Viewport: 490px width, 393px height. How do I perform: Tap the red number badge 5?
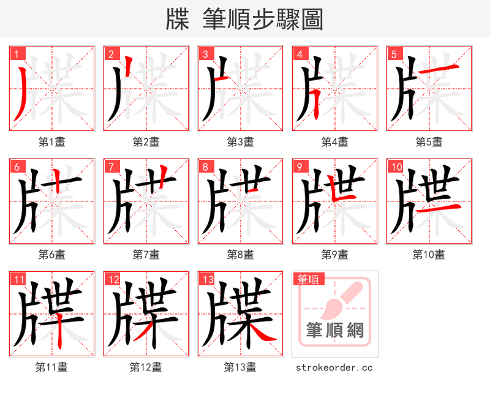click(x=393, y=53)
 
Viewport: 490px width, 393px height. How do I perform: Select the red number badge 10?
click(x=395, y=166)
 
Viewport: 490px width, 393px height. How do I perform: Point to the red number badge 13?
click(x=206, y=279)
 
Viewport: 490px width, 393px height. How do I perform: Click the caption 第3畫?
click(x=240, y=142)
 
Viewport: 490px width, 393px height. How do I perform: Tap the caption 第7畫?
click(x=146, y=255)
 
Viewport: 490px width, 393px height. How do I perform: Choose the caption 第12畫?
click(x=146, y=367)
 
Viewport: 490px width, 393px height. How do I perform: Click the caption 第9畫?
click(x=334, y=255)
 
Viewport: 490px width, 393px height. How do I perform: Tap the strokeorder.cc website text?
click(x=334, y=367)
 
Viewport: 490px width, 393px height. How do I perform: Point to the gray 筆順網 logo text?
click(x=334, y=331)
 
